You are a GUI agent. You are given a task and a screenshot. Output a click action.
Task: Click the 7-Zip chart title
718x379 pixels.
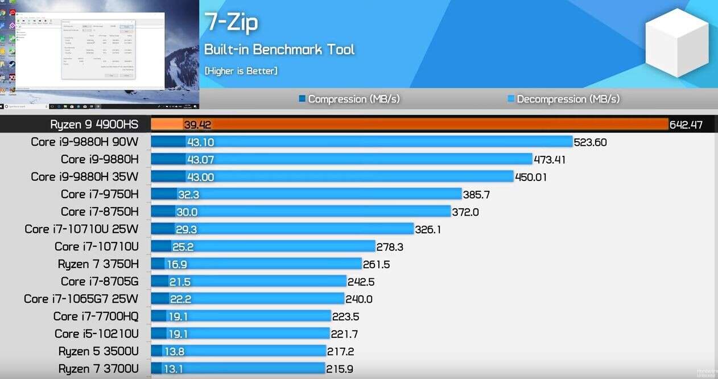click(231, 22)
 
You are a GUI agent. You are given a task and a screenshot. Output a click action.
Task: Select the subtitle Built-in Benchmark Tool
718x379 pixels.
click(279, 50)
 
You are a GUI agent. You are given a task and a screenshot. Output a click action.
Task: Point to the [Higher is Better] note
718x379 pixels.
click(241, 71)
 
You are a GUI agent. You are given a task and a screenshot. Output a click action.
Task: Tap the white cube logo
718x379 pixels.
click(677, 43)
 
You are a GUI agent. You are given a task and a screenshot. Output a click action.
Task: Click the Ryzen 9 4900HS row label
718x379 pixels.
click(94, 125)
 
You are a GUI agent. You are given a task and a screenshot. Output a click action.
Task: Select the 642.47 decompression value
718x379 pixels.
click(686, 125)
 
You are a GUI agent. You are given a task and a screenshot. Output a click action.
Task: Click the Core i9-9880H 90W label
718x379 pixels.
click(84, 142)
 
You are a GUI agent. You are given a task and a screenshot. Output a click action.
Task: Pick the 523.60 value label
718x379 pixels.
click(591, 142)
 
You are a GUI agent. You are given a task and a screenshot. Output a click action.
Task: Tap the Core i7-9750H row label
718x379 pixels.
click(100, 194)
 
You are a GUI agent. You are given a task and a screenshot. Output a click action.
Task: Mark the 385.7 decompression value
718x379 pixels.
click(477, 195)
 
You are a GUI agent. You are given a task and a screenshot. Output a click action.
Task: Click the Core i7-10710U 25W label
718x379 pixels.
click(81, 229)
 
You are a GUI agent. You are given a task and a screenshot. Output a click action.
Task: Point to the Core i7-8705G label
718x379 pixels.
click(100, 281)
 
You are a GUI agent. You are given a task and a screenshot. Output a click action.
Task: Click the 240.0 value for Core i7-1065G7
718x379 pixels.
click(358, 299)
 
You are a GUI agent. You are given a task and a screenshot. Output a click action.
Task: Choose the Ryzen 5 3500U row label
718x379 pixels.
click(98, 351)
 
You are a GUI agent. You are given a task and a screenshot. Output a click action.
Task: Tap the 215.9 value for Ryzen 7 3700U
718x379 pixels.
click(340, 369)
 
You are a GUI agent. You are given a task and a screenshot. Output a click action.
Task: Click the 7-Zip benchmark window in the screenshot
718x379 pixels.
click(98, 50)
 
